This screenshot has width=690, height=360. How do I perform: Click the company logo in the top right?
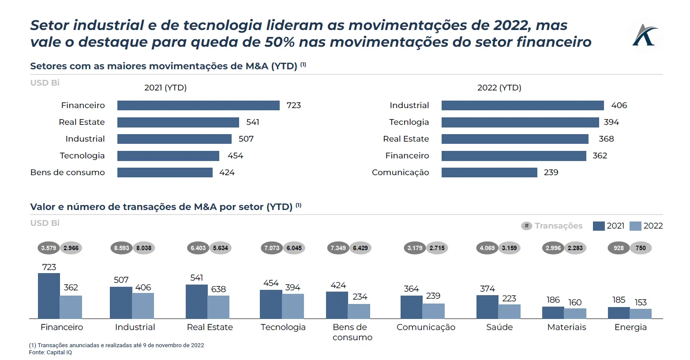pyautogui.click(x=645, y=35)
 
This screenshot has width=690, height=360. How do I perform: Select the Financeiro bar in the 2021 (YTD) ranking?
pyautogui.click(x=198, y=105)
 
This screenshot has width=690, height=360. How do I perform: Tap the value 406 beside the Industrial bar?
pyautogui.click(x=619, y=105)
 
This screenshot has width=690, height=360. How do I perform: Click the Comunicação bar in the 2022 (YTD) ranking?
pyautogui.click(x=489, y=172)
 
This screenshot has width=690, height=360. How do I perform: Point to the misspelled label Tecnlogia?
pyautogui.click(x=409, y=122)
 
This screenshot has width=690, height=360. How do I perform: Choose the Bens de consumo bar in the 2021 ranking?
pyautogui.click(x=165, y=172)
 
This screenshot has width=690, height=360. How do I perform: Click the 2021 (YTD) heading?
pyautogui.click(x=165, y=88)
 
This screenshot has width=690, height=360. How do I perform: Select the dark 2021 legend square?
pyautogui.click(x=598, y=226)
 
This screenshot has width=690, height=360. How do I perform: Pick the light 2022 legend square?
pyautogui.click(x=635, y=226)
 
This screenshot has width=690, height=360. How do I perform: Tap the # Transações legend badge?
pyautogui.click(x=526, y=226)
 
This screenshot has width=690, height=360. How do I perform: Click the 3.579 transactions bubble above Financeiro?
pyautogui.click(x=49, y=248)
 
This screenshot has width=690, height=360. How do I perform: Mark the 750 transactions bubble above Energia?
pyautogui.click(x=641, y=248)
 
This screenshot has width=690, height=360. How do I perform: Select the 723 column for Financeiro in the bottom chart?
pyautogui.click(x=49, y=296)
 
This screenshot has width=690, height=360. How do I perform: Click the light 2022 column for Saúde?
pyautogui.click(x=509, y=311)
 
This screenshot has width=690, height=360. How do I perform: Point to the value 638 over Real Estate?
pyautogui.click(x=218, y=289)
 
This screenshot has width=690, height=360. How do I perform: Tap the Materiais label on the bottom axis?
pyautogui.click(x=566, y=327)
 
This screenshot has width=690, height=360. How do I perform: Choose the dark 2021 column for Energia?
pyautogui.click(x=619, y=313)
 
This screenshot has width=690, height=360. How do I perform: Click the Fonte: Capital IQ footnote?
pyautogui.click(x=50, y=352)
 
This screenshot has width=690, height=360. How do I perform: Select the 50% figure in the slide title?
pyautogui.click(x=279, y=42)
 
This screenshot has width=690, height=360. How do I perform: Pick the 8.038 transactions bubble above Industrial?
pyautogui.click(x=144, y=248)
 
